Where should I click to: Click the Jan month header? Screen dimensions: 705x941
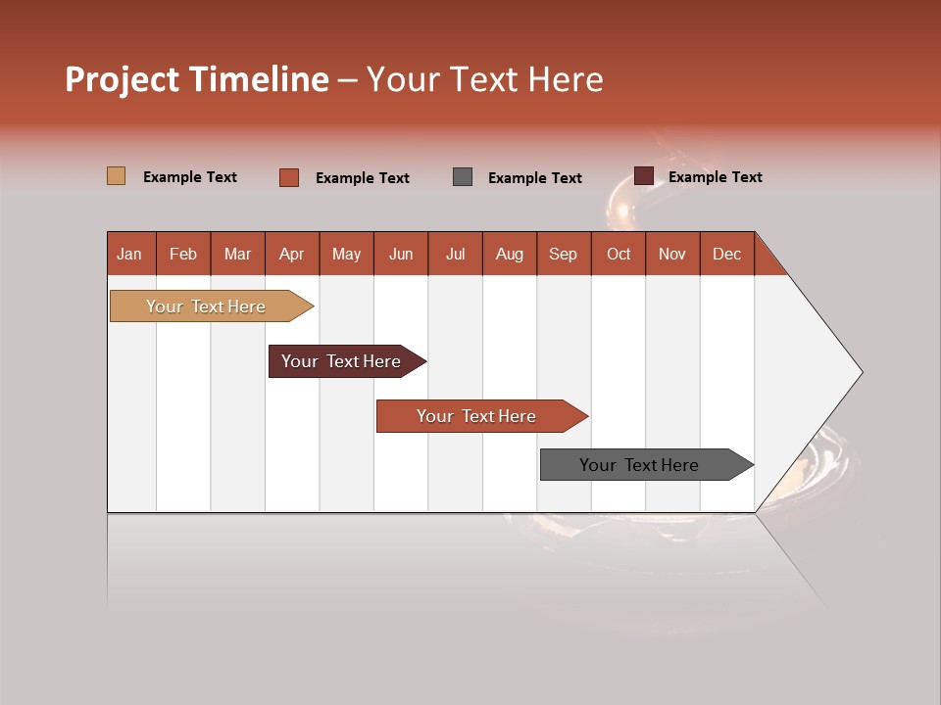coord(129,254)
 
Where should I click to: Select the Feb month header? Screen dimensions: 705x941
coord(183,254)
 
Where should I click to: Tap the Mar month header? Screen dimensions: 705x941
coord(237,254)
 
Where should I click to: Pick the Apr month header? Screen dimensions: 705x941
coord(292,254)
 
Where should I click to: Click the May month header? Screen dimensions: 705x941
coord(346,254)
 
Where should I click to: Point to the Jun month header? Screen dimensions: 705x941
coord(401,254)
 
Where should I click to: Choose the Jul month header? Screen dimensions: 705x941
coord(455,254)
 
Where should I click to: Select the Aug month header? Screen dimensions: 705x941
coord(510,254)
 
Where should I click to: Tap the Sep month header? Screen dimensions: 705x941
coord(564,254)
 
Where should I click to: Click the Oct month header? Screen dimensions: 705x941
coord(619,254)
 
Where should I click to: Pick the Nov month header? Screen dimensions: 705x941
coord(672,254)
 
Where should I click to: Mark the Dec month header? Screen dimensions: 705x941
coord(727,254)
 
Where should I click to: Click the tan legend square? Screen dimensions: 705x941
coord(117,176)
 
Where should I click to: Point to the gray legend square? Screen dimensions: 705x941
coord(463,177)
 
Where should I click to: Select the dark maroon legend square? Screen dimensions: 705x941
coord(644,176)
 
